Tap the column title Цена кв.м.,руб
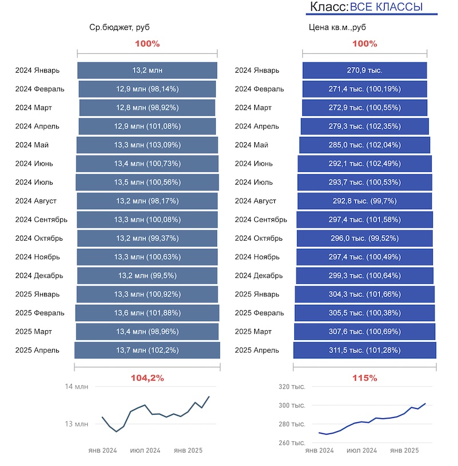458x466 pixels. pos(337,27)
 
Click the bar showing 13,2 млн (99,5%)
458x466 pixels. pos(147,276)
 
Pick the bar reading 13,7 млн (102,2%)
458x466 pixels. pos(147,350)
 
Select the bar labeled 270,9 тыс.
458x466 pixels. pos(365,71)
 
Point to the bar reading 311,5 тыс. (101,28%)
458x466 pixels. pos(365,350)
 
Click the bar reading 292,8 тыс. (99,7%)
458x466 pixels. pos(365,201)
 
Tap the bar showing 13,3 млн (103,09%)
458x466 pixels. pos(147,145)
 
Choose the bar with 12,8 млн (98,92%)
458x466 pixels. pos(147,108)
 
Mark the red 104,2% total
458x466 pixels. pos(148,378)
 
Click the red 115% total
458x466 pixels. pos(365,378)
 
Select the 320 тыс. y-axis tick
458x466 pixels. pos(292,387)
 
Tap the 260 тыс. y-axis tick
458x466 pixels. pos(292,443)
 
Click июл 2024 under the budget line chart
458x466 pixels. pos(145,451)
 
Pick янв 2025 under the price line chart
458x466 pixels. pos(404,451)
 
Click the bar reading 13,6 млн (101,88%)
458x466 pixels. pos(147,313)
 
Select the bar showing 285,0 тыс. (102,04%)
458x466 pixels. pos(365,145)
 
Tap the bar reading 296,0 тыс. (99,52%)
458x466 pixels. pos(365,238)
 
